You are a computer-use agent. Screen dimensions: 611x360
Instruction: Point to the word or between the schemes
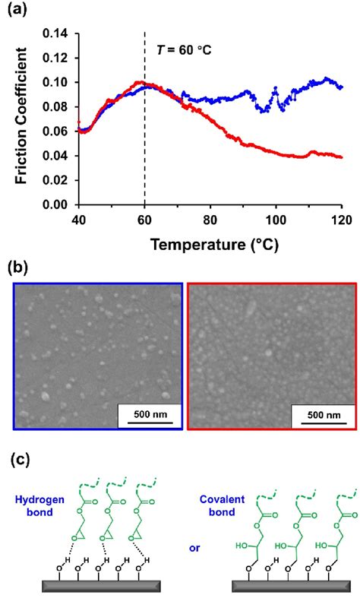coord(188,554)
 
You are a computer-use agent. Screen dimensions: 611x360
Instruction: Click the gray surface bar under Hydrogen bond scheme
coord(100,587)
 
